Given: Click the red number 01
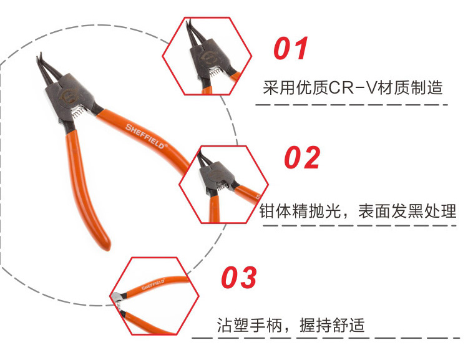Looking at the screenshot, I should (x=292, y=49).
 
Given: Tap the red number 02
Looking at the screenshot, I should (x=302, y=158).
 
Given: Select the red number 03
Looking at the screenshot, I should (x=239, y=278).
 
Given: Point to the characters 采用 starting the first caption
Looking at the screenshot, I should (x=277, y=87).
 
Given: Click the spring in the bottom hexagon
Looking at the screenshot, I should (x=120, y=303).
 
